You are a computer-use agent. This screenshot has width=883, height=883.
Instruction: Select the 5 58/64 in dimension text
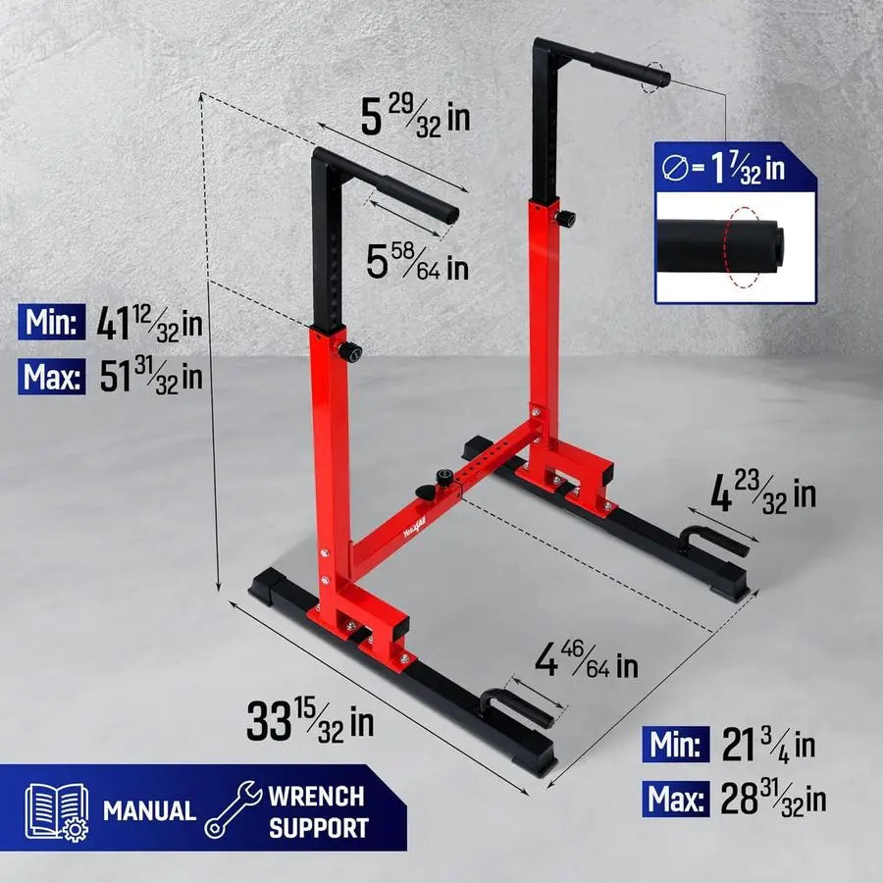coord(416,262)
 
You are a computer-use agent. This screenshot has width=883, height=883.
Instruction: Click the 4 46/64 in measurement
coord(586,664)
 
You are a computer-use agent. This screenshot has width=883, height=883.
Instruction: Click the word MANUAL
coord(149,811)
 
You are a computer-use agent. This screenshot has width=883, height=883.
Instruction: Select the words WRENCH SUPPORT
coord(316,811)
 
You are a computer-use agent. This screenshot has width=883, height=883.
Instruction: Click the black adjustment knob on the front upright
coord(348,350)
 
